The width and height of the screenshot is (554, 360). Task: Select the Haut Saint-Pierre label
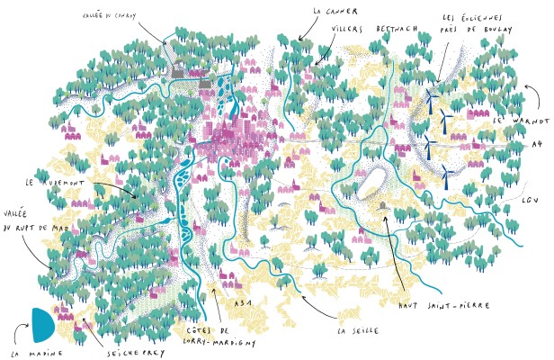tap(444, 305)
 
